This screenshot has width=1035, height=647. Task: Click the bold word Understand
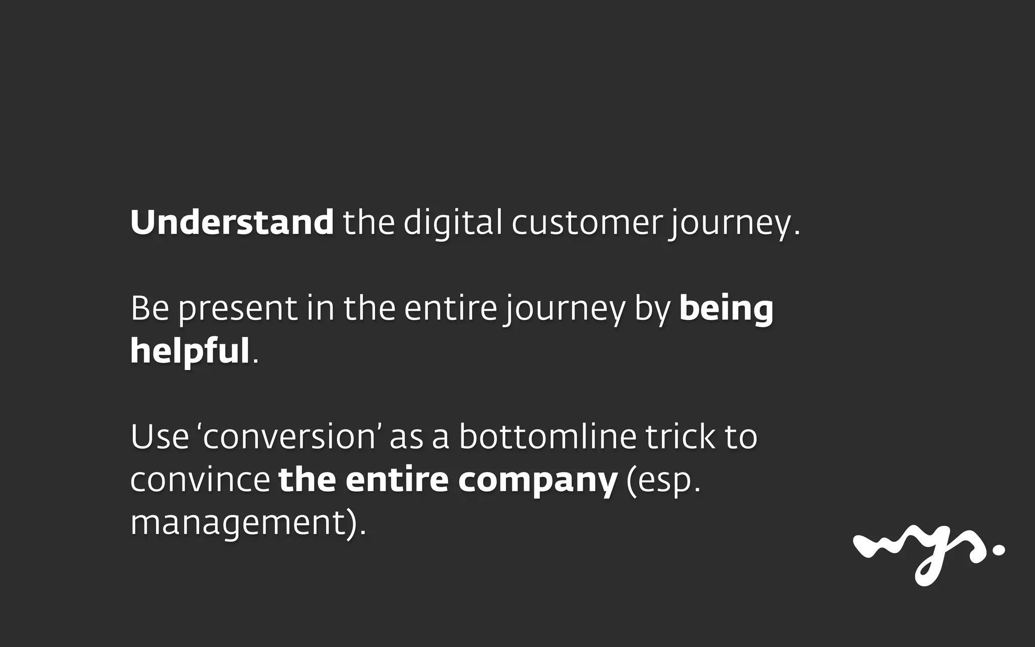click(x=232, y=222)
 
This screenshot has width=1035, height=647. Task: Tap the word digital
click(x=453, y=222)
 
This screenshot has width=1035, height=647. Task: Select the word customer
click(x=586, y=223)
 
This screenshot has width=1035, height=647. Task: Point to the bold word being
click(x=726, y=309)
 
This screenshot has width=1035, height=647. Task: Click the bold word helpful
click(x=190, y=351)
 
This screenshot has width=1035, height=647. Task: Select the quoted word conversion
click(x=288, y=437)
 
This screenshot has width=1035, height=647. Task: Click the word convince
click(x=200, y=480)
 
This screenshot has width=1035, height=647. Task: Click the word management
click(x=238, y=523)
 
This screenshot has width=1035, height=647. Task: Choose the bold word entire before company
click(x=397, y=480)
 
